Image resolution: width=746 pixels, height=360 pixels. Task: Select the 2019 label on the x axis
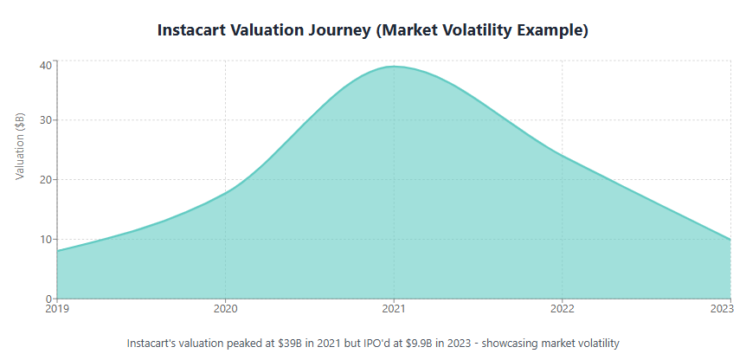(57, 307)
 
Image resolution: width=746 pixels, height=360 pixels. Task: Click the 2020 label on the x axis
(225, 307)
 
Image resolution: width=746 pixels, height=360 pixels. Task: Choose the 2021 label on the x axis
(394, 307)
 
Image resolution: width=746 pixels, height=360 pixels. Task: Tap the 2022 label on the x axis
(563, 307)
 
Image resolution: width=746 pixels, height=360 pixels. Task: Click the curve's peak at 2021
(394, 67)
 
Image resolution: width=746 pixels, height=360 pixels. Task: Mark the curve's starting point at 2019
(57, 251)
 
